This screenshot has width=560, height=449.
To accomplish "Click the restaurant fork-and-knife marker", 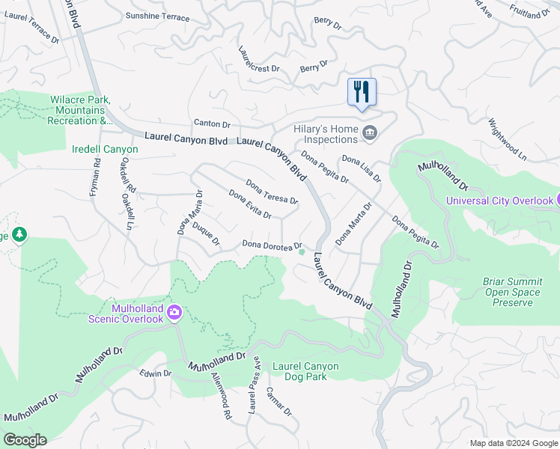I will (362, 92).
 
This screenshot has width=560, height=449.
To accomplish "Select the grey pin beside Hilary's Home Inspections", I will (369, 134).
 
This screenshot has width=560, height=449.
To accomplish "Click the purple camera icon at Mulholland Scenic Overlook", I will (174, 312).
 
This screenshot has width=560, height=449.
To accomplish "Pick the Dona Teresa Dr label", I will (272, 192).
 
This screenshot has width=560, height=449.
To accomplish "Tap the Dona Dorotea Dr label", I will (272, 245).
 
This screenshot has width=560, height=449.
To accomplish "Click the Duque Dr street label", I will (206, 233).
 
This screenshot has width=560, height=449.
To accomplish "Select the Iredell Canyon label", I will (105, 150).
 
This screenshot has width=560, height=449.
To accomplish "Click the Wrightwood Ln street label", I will (508, 140).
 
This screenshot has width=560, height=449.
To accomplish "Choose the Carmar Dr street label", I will (278, 400).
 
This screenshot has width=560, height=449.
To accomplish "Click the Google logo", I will (25, 440).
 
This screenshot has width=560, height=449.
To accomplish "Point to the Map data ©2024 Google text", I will (513, 443).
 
